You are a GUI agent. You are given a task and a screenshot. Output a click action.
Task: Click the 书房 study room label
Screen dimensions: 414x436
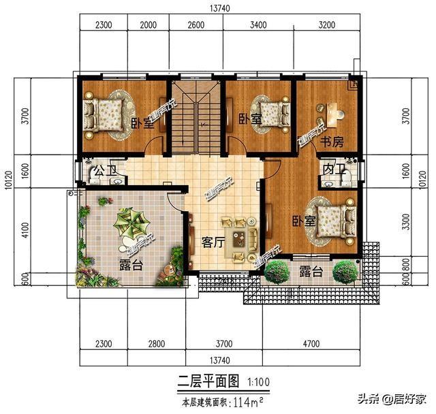click(x=332, y=142)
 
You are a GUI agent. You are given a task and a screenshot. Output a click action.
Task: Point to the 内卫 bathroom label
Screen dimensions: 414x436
click(x=332, y=168)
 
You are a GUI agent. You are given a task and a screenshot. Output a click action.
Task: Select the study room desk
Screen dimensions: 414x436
click(x=332, y=112)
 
